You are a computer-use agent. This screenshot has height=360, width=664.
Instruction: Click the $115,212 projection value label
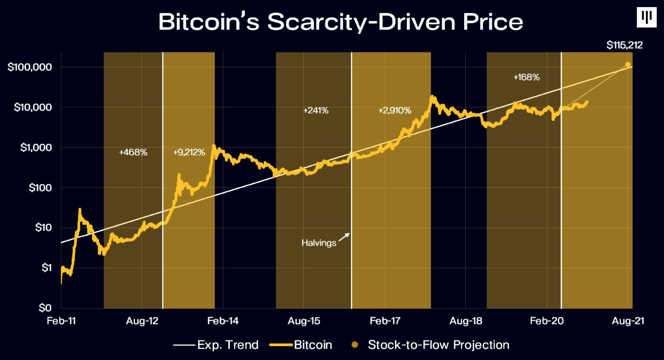(624, 45)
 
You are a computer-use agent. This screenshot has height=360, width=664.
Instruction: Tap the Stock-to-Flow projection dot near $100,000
(628, 65)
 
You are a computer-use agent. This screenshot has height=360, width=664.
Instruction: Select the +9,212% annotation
(189, 152)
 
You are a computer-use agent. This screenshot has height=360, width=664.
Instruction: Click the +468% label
(133, 152)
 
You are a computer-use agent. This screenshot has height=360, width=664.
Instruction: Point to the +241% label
(316, 110)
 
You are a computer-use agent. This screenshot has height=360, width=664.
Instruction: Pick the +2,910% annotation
(395, 110)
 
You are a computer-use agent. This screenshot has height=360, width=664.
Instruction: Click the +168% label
(526, 77)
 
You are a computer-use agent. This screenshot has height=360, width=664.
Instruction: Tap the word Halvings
(319, 243)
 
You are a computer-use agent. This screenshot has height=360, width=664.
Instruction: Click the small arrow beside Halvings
(344, 237)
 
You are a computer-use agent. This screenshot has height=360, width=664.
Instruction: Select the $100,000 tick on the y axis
(30, 67)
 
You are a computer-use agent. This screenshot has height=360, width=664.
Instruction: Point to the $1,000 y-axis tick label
(36, 148)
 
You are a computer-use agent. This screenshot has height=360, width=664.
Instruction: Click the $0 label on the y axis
(45, 308)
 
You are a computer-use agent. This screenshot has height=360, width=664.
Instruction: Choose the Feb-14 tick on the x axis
(223, 321)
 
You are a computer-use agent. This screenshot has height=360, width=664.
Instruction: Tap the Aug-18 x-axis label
(466, 321)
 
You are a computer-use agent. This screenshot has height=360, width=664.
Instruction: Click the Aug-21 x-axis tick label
(628, 321)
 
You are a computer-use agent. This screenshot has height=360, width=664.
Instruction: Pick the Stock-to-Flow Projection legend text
(439, 345)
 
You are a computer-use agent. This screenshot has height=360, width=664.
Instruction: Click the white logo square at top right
(646, 17)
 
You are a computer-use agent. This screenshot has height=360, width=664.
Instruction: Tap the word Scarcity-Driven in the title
(362, 22)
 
